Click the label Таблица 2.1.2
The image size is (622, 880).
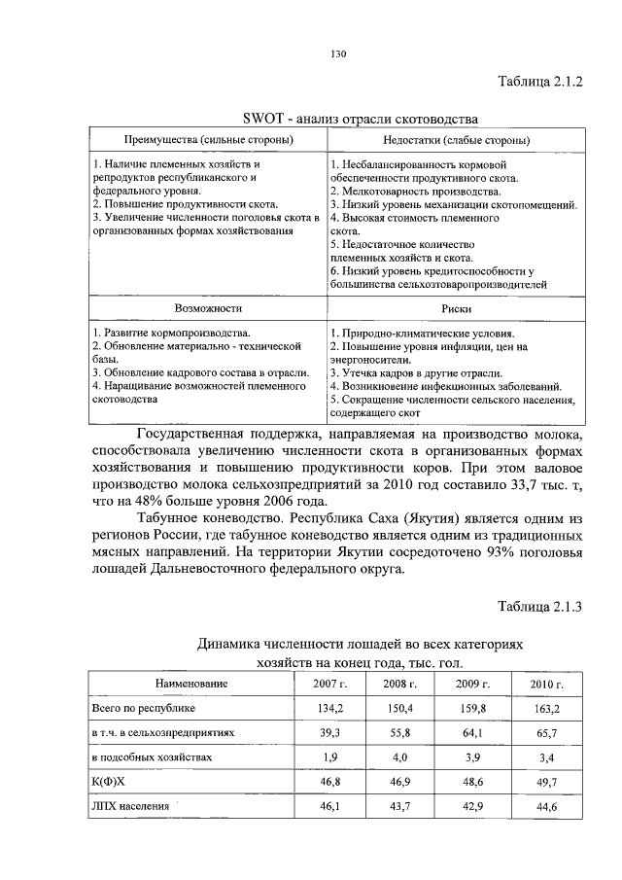click(x=539, y=82)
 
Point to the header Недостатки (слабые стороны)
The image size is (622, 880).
click(x=442, y=141)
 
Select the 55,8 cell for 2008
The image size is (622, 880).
click(x=400, y=734)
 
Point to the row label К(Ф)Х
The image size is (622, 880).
click(x=109, y=781)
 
